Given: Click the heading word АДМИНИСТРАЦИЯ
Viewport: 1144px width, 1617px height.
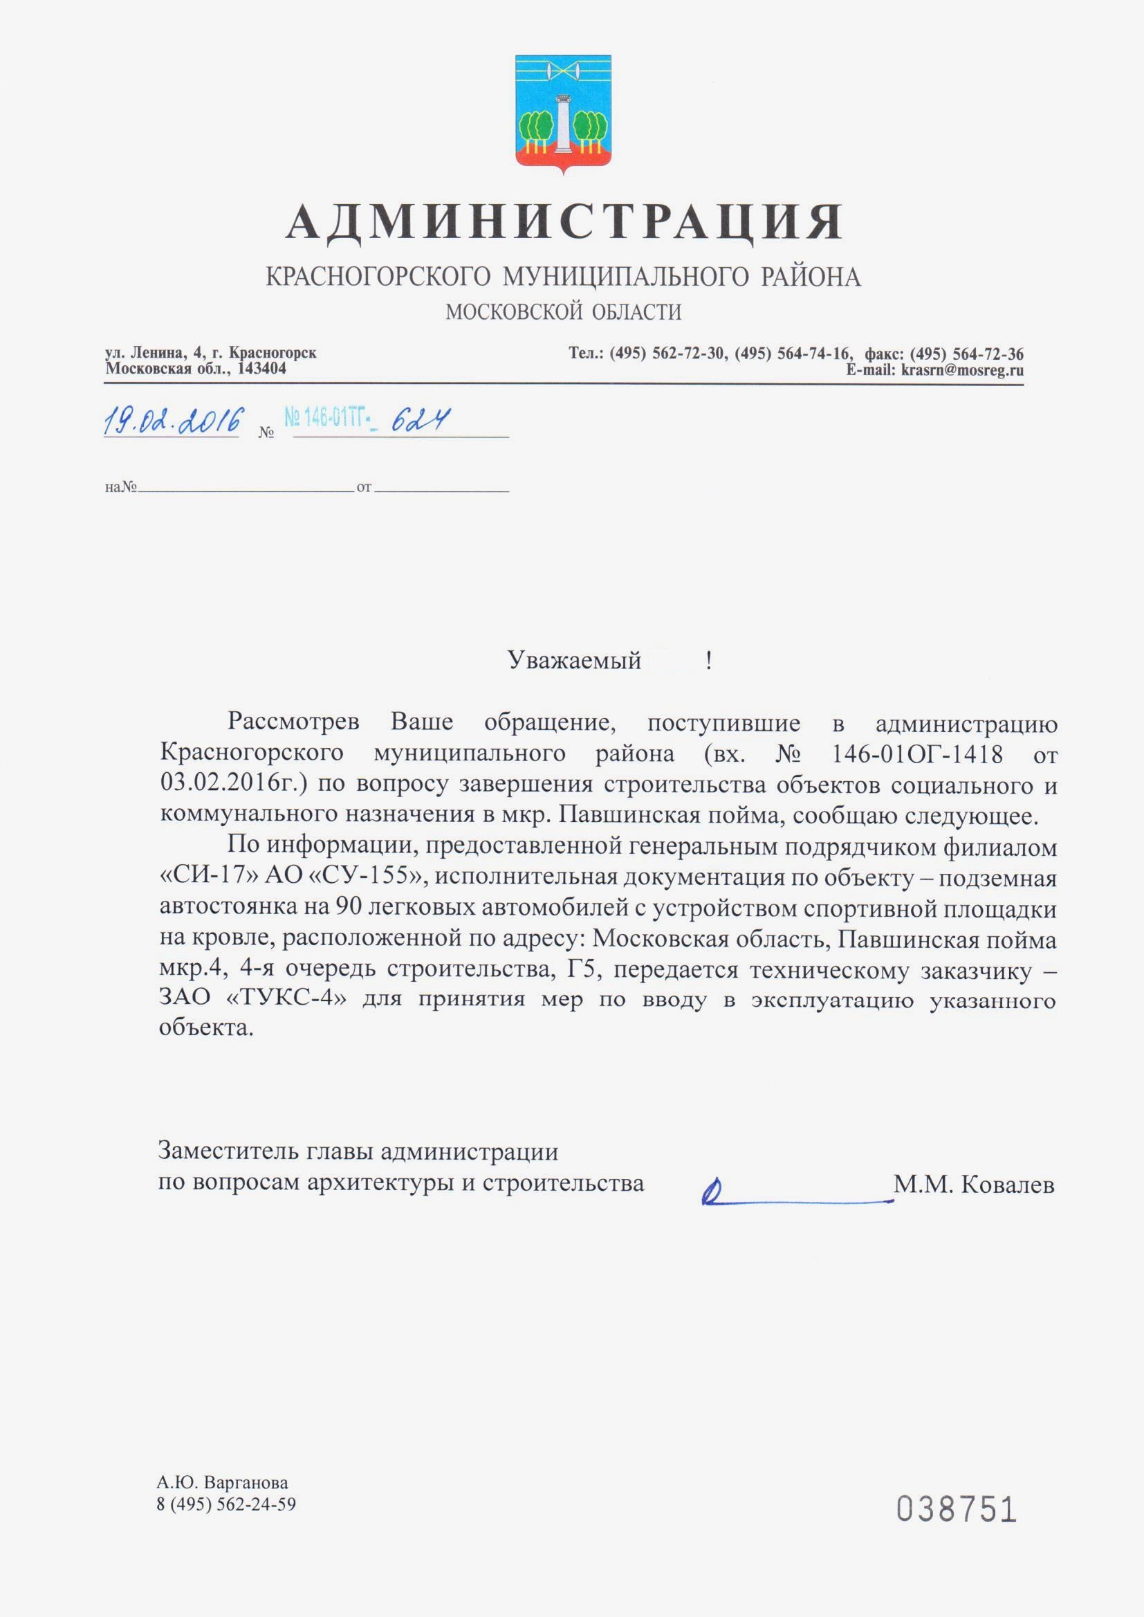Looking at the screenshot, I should tap(564, 221).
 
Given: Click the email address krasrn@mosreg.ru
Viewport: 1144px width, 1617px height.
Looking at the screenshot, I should tap(961, 370).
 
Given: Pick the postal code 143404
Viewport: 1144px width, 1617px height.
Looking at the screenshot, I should tap(262, 369).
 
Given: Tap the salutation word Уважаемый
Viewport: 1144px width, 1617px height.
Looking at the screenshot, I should tap(574, 660).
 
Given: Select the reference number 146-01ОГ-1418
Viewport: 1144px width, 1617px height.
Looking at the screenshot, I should tap(916, 755).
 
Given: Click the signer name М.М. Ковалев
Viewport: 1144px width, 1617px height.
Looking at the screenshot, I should tap(974, 1185).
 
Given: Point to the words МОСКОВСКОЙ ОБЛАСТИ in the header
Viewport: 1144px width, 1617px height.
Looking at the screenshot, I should tap(564, 311).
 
